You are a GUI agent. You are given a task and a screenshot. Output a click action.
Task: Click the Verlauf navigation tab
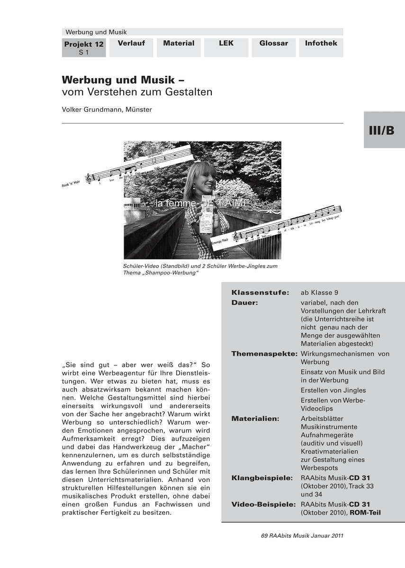pyautogui.click(x=131, y=44)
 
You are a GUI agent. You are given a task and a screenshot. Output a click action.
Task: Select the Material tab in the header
pyautogui.click(x=179, y=44)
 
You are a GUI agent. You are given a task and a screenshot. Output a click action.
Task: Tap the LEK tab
pyautogui.click(x=226, y=44)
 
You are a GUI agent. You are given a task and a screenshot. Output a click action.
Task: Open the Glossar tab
pyautogui.click(x=273, y=44)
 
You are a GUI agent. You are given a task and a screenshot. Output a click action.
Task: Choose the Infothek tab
pyautogui.click(x=321, y=44)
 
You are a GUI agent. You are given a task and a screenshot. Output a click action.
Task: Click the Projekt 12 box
pyautogui.click(x=84, y=48)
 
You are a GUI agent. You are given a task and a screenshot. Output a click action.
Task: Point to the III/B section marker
pyautogui.click(x=381, y=131)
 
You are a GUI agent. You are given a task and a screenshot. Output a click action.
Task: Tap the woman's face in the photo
pyautogui.click(x=203, y=177)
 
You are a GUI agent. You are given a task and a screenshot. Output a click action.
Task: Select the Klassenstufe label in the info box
pyautogui.click(x=260, y=293)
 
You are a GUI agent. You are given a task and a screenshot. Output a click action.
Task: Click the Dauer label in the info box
pyautogui.click(x=244, y=302)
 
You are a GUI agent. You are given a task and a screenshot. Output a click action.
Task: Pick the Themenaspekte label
pyautogui.click(x=264, y=354)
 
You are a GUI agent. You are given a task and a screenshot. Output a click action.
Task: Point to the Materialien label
pyautogui.click(x=255, y=418)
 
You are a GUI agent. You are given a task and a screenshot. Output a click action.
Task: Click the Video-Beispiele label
pyautogui.click(x=263, y=504)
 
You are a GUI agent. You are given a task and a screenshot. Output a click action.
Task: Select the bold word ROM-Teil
pyautogui.click(x=365, y=513)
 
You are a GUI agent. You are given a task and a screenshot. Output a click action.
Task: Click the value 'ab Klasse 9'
pyautogui.click(x=319, y=293)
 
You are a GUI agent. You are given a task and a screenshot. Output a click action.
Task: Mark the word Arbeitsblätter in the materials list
pyautogui.click(x=322, y=418)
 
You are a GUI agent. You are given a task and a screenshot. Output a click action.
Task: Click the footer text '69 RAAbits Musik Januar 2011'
pyautogui.click(x=302, y=536)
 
